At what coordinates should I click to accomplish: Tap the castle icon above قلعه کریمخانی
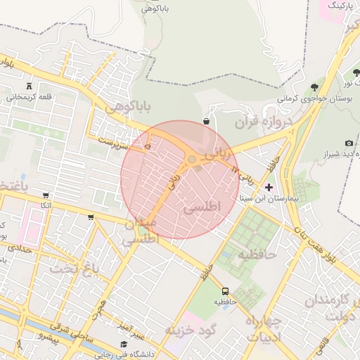[x=29, y=84]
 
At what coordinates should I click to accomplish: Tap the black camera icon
[x=349, y=143]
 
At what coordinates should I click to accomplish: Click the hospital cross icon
[x=269, y=187]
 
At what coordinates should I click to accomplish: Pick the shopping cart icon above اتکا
[x=46, y=195]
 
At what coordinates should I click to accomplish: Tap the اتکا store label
[x=46, y=205]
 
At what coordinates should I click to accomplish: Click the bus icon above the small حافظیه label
[x=225, y=290]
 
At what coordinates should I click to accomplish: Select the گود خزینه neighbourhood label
[x=191, y=329]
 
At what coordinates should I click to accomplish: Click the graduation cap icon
[x=124, y=344]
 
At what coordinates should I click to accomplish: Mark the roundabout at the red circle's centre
[x=191, y=160]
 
